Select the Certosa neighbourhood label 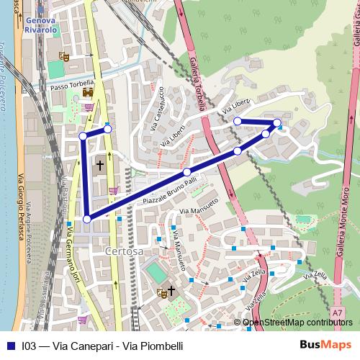tap(124, 251)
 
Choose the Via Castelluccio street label tap(157, 109)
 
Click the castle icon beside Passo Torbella tap(88, 92)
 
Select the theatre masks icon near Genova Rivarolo tap(65, 55)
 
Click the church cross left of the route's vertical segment tap(100, 165)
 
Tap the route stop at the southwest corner tap(87, 219)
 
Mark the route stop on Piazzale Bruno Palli tap(187, 172)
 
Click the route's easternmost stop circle tap(278, 123)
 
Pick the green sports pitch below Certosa tap(154, 272)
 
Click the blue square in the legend tap(10, 346)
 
